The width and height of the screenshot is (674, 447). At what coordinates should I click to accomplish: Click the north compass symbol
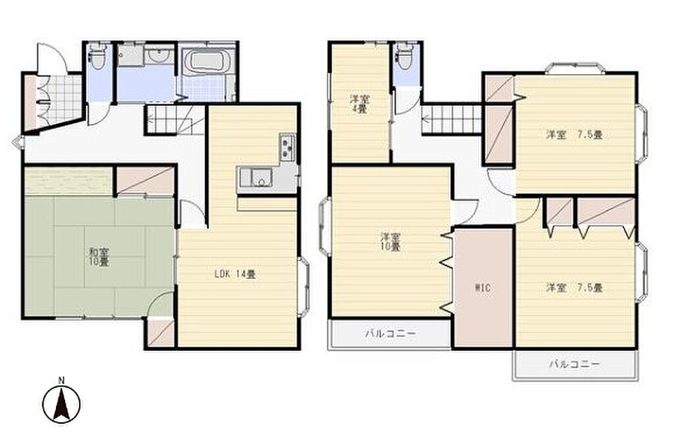pos(62,402)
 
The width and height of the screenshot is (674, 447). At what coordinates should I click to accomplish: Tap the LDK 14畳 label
pos(235,274)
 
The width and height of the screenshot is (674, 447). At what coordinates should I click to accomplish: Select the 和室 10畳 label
pos(99,257)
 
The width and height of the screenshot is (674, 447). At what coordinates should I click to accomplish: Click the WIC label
pos(482,287)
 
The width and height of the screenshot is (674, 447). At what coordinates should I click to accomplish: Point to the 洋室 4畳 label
pos(360,103)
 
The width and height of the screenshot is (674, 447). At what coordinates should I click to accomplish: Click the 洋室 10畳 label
pos(391,242)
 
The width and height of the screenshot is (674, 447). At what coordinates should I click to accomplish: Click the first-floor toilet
pos(97,57)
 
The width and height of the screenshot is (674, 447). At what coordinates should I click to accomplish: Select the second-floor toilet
pos(405,57)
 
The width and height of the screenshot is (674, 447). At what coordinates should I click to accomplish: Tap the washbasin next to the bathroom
pos(159,55)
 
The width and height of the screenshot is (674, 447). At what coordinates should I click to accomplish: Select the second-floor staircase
pos(452,120)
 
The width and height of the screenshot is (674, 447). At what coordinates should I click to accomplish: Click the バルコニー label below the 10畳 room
pos(390,333)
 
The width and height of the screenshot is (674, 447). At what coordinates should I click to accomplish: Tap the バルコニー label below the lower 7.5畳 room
pos(574,365)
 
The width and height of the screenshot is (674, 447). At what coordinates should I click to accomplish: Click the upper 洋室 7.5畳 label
pos(574,135)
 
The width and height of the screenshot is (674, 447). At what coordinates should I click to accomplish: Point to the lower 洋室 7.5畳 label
pos(574,287)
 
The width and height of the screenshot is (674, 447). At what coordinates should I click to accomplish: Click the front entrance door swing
pos(51,58)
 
